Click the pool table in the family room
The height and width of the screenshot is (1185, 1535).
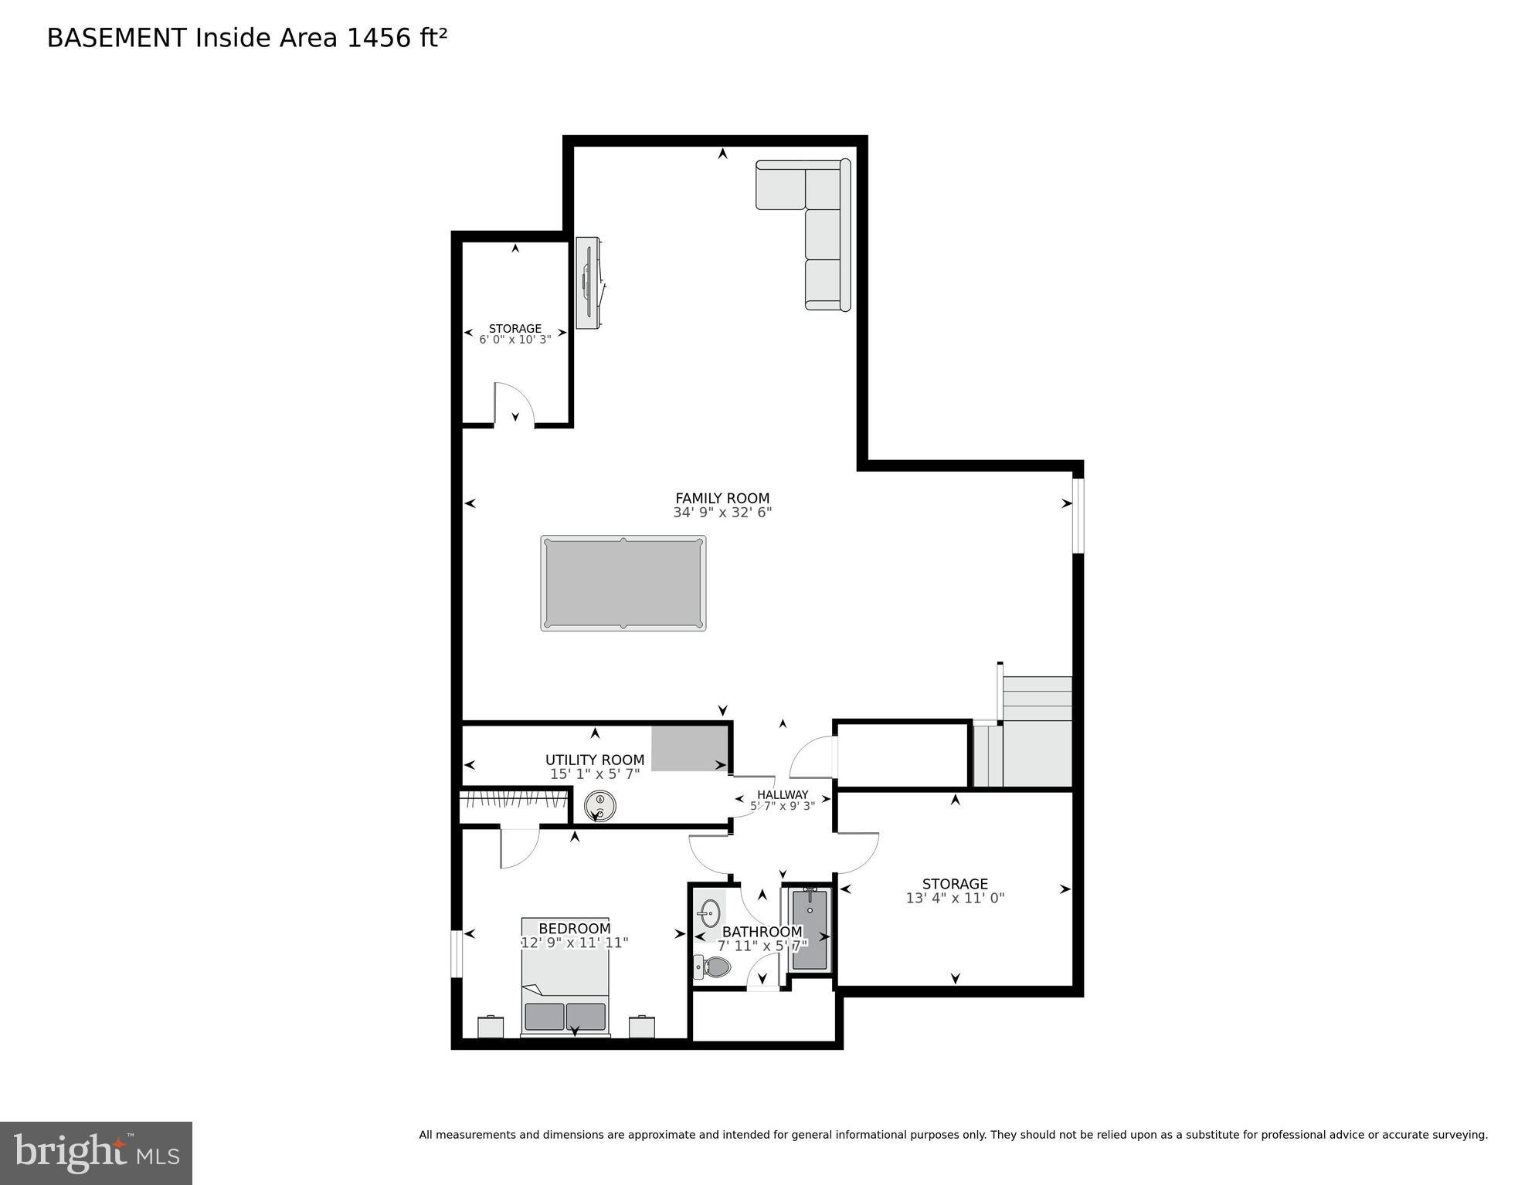[x=623, y=583]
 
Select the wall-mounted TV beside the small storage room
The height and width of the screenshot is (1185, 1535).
[x=589, y=282]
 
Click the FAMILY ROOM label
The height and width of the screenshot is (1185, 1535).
[x=722, y=498]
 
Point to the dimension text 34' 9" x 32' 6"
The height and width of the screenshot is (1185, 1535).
[x=722, y=512]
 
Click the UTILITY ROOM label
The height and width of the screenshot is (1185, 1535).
[x=595, y=760]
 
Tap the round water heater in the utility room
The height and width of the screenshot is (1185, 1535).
[x=599, y=807]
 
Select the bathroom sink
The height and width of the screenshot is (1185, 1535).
[x=708, y=914]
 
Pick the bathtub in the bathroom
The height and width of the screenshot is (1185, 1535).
[x=810, y=929]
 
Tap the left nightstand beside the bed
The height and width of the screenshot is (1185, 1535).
[x=491, y=1028]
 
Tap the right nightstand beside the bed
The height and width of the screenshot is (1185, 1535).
[x=642, y=1028]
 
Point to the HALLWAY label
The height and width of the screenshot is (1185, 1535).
[x=783, y=794]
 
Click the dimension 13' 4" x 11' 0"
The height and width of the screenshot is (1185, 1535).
[x=955, y=898]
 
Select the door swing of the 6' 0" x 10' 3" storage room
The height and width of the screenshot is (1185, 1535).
[x=513, y=403]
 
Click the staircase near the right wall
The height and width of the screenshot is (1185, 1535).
[x=1035, y=733]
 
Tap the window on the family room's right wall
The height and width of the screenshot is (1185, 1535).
[x=1078, y=516]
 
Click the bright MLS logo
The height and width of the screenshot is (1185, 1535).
[x=96, y=1153]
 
